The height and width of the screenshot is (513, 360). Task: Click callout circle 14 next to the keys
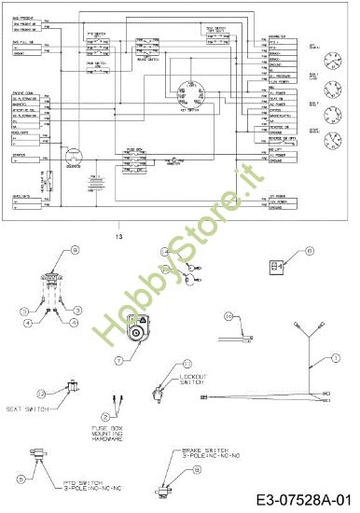tap(162, 252)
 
